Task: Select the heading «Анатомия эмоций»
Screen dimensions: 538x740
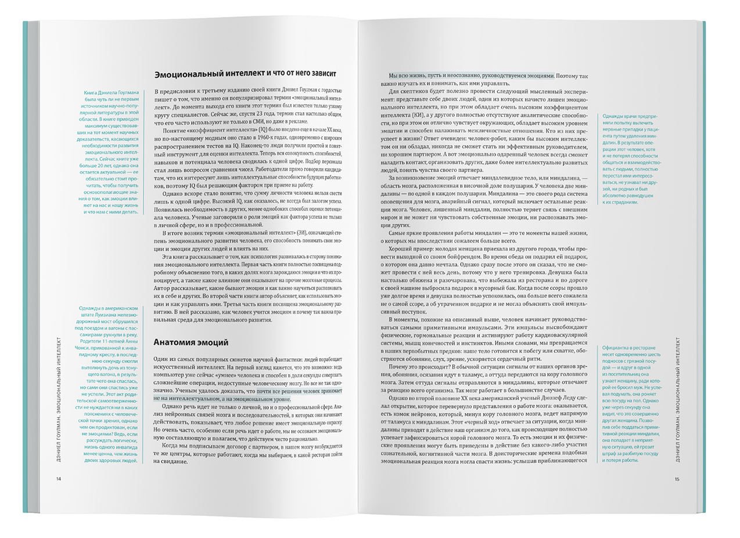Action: tap(191, 341)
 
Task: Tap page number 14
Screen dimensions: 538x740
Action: tap(58, 479)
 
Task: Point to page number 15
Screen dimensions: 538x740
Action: tap(677, 479)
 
